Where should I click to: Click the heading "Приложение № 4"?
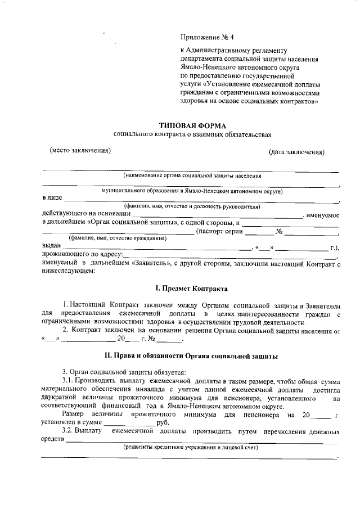click(202, 38)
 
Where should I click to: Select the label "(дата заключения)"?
click(296, 152)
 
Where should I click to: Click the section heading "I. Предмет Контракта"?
click(192, 289)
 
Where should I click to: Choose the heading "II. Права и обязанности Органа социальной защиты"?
click(191, 355)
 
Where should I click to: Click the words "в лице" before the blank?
click(52, 199)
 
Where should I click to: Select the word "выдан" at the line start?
click(52, 246)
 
